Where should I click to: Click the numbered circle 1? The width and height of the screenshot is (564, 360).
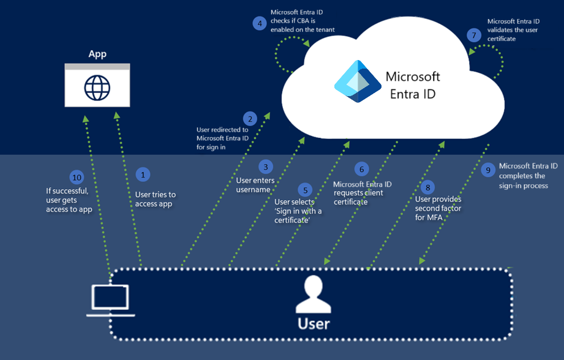coord(143,174)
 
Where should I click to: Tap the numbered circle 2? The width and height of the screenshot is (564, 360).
coord(249,118)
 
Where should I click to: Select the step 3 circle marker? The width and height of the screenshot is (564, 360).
coord(265,166)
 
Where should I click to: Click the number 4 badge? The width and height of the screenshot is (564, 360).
coord(260,23)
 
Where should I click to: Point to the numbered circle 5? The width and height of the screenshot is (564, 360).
coord(304,189)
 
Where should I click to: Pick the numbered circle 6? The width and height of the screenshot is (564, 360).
coord(361,168)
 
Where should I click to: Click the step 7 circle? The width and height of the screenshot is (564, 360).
coord(473,36)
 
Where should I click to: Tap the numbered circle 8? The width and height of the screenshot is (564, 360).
coord(428,186)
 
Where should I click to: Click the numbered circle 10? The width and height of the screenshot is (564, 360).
coord(77,178)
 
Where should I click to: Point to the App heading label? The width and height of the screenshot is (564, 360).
coord(97,54)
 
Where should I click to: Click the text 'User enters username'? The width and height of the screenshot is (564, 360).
coord(255,185)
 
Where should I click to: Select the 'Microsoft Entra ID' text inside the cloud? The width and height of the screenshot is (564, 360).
coord(413,86)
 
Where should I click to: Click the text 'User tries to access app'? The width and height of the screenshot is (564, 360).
coord(155,199)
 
